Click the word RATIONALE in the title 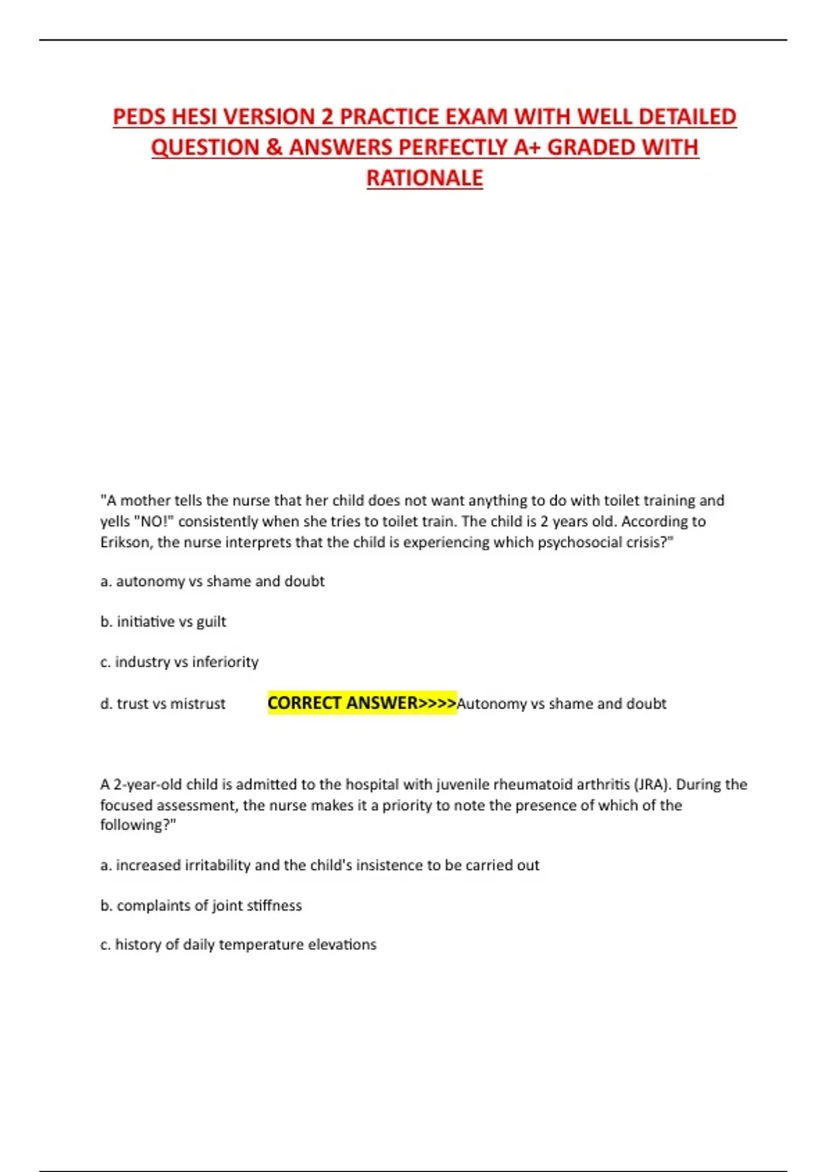[x=425, y=178]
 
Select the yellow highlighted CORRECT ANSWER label [x=362, y=703]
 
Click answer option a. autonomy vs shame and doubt [x=212, y=581]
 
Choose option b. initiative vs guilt [x=163, y=621]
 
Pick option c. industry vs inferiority [x=179, y=662]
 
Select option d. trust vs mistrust [x=163, y=703]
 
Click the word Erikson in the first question [x=126, y=542]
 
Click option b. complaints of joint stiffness [x=201, y=905]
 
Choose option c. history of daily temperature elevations [x=238, y=944]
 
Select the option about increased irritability [x=320, y=865]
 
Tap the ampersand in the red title [x=273, y=148]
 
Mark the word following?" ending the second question [x=138, y=825]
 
